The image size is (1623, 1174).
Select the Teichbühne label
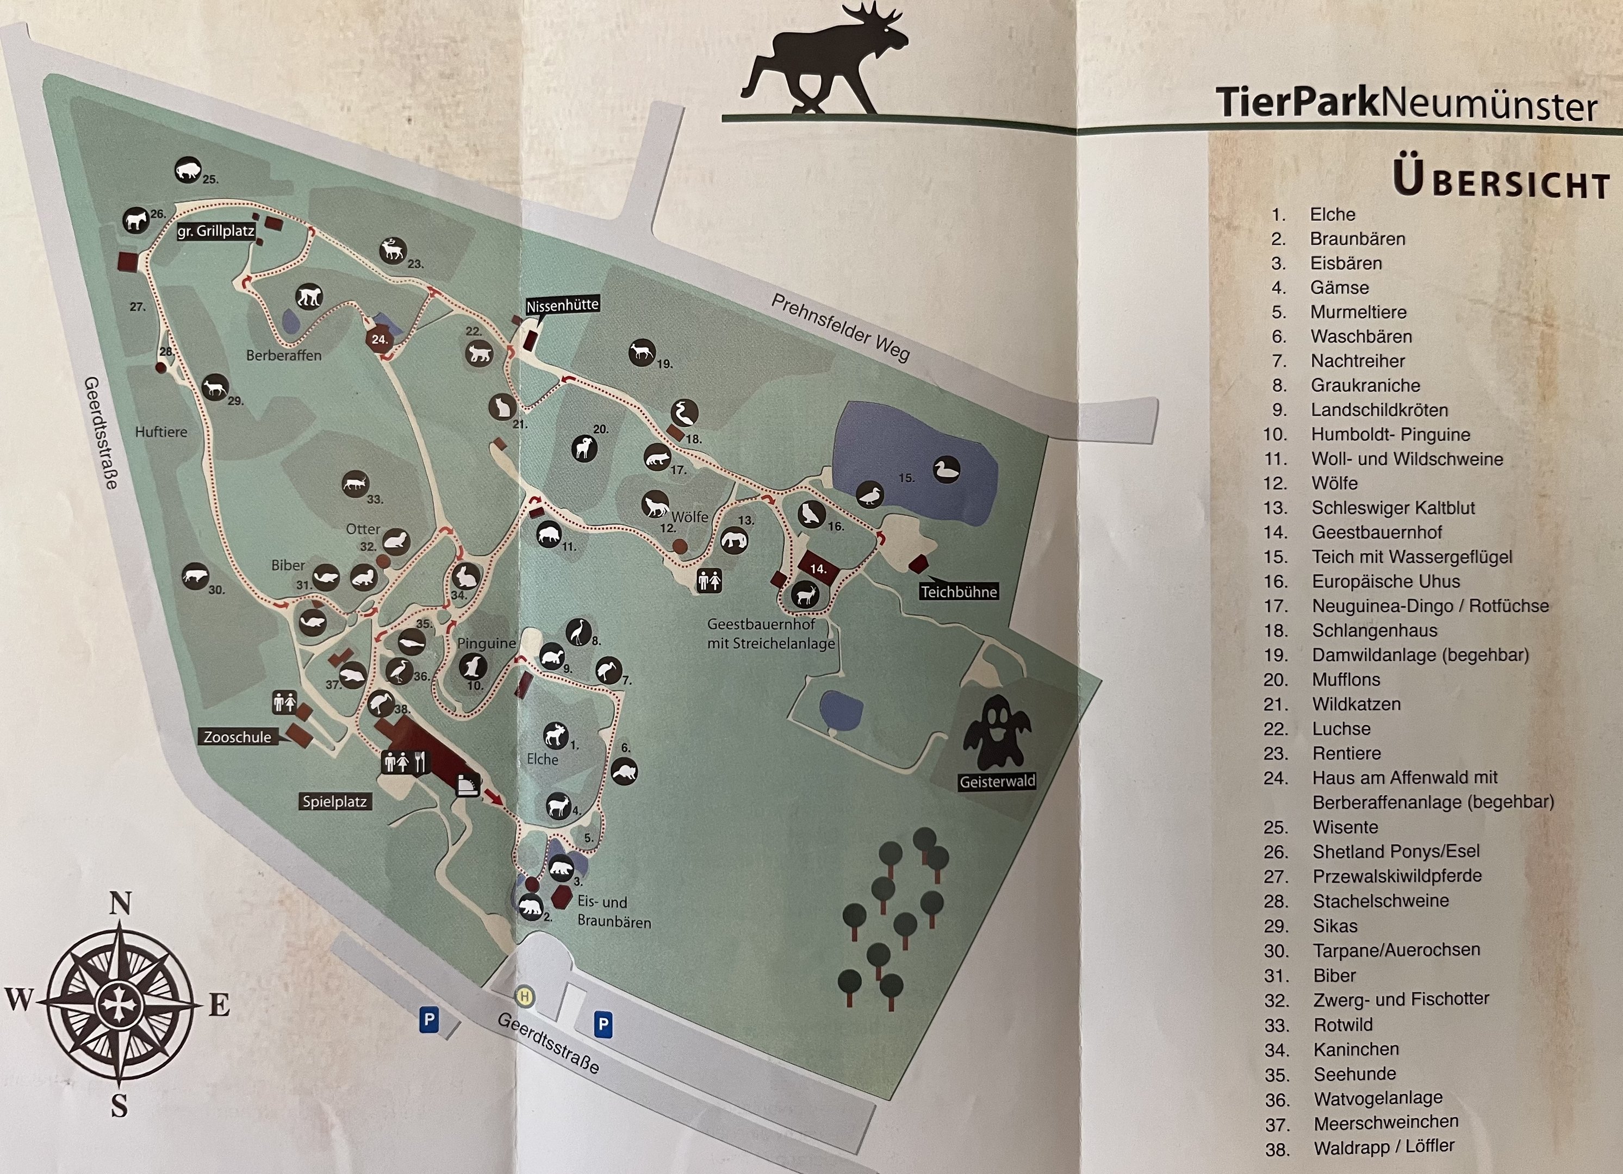tap(958, 592)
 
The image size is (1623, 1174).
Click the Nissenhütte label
tap(562, 305)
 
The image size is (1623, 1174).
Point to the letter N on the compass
tap(120, 903)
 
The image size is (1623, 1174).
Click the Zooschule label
tap(238, 737)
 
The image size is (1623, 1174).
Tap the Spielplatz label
tap(334, 801)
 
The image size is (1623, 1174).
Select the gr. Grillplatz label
tap(215, 231)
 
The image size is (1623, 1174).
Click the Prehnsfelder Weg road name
tap(840, 328)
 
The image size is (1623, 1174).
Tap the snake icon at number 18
tap(684, 413)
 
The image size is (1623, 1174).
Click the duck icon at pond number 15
tap(946, 470)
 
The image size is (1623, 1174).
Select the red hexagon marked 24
tap(380, 339)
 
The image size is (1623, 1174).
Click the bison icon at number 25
tap(188, 170)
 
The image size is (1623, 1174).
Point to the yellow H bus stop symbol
tap(525, 996)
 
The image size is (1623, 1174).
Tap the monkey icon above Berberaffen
tap(309, 296)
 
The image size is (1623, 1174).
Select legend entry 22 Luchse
tap(1340, 728)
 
